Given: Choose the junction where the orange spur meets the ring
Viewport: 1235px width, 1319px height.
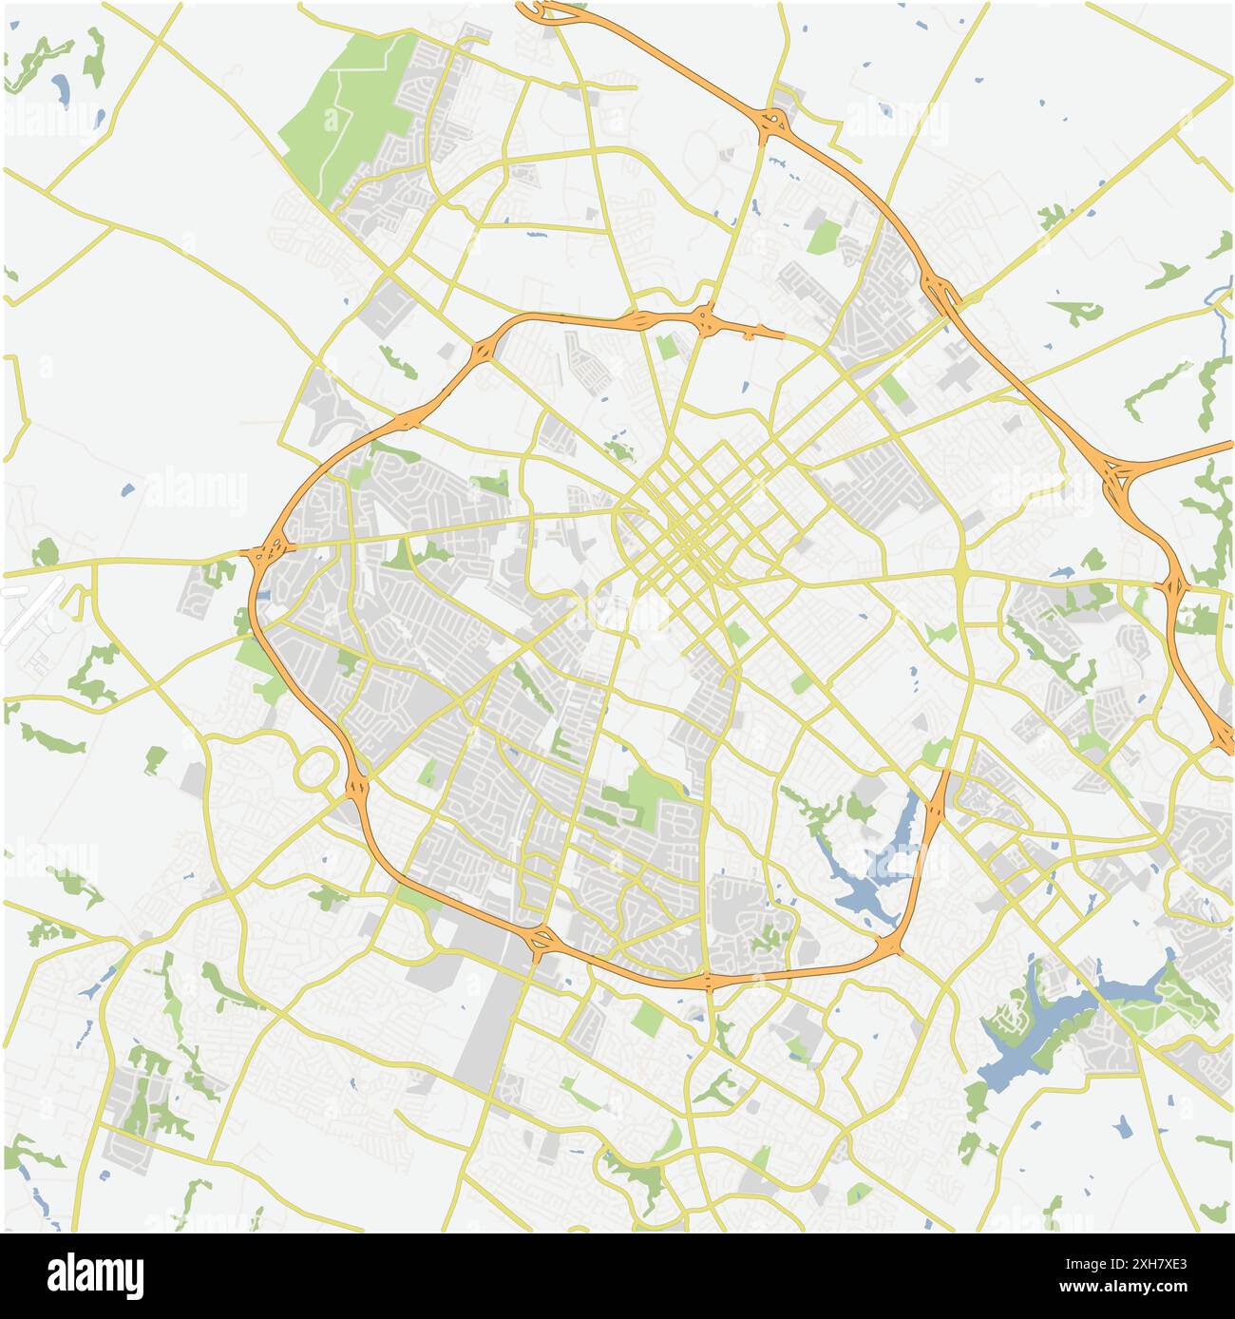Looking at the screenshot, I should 890,946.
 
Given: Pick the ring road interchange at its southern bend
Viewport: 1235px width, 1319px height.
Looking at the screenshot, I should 708,979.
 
